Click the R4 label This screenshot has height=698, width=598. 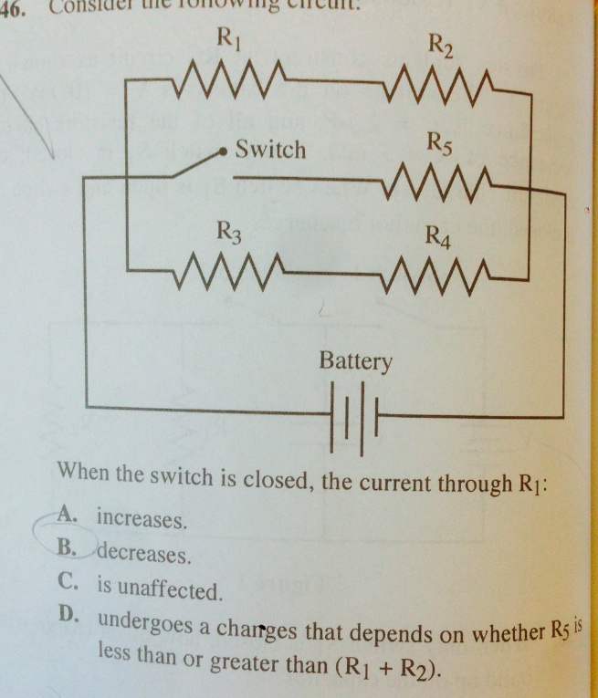(x=440, y=239)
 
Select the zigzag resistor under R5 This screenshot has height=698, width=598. (x=440, y=182)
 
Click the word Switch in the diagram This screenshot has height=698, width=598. (x=271, y=150)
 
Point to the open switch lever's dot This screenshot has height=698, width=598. (x=220, y=153)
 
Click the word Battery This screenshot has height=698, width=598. (x=356, y=362)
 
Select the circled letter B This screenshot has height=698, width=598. (x=65, y=547)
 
